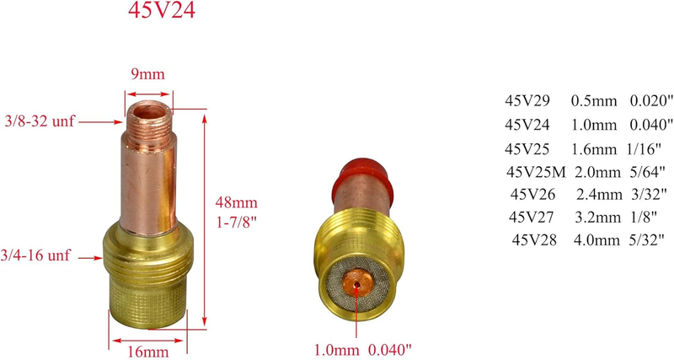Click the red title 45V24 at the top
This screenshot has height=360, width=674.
tap(162, 10)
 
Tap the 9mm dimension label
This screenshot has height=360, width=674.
tap(148, 74)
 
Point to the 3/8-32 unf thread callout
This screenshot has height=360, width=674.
tap(40, 121)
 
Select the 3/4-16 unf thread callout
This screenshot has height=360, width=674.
tap(35, 255)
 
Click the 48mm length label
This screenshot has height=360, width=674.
tap(237, 201)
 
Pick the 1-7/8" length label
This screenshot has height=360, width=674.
tap(236, 223)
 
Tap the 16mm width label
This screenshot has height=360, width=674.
tap(148, 352)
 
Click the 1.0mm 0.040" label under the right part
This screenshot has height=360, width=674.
tap(363, 349)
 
